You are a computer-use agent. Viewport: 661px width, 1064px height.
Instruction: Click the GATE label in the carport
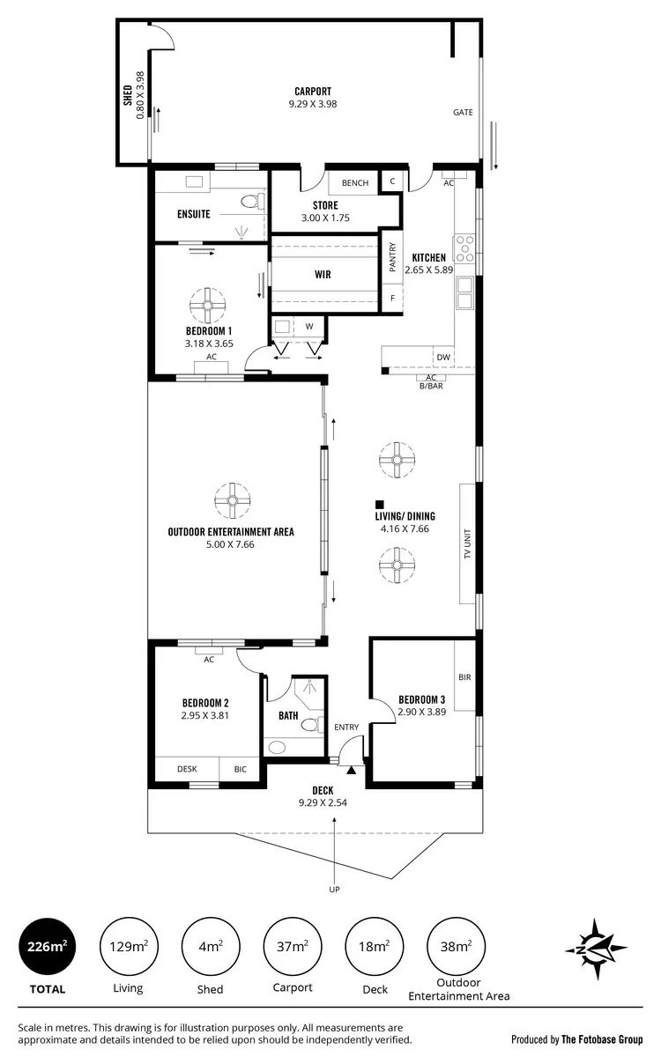(x=463, y=113)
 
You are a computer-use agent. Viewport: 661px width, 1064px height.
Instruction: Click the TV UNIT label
(x=468, y=543)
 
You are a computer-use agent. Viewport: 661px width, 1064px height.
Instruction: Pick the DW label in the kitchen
(x=443, y=358)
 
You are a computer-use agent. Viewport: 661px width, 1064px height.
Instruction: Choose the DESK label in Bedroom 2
(x=187, y=769)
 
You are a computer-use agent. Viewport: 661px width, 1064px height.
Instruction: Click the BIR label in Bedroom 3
(x=464, y=677)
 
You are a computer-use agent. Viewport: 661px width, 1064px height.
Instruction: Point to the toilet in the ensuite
(x=251, y=203)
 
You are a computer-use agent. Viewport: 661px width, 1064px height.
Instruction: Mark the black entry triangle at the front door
(x=351, y=771)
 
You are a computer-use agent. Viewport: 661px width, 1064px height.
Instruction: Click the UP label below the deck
(x=334, y=890)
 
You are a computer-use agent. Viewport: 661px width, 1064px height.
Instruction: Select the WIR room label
(x=323, y=275)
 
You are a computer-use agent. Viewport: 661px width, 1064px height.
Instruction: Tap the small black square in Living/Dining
(x=378, y=502)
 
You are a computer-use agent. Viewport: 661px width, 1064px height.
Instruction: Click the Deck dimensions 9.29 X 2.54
(x=323, y=802)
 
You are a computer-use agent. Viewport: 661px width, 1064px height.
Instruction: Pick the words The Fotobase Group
(x=603, y=1039)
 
